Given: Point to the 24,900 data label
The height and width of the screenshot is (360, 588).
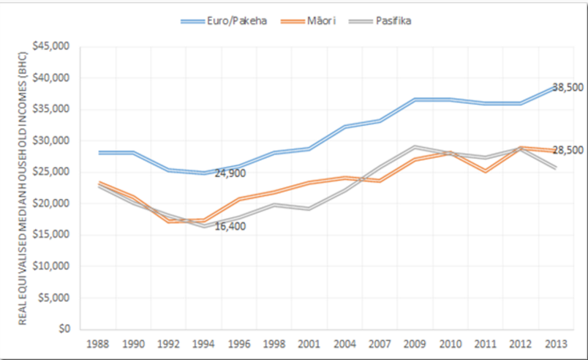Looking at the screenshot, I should (230, 173).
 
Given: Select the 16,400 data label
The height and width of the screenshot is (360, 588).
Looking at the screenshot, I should (230, 226).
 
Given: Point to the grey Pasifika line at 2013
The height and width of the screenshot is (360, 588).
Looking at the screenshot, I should (557, 168).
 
